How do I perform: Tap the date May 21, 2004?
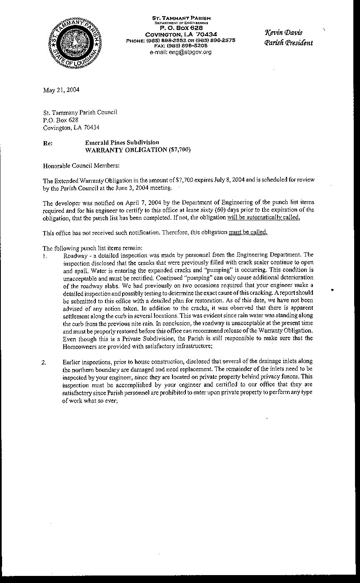click(61, 90)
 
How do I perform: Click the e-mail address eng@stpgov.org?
click(180, 52)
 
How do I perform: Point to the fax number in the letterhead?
click(181, 45)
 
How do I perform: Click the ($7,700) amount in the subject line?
click(180, 150)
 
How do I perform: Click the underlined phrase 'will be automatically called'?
click(263, 217)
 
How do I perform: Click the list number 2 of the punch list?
click(44, 362)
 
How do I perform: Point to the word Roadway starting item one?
click(75, 254)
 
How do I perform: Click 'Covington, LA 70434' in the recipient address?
click(71, 127)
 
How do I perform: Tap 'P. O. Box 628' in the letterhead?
click(181, 27)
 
